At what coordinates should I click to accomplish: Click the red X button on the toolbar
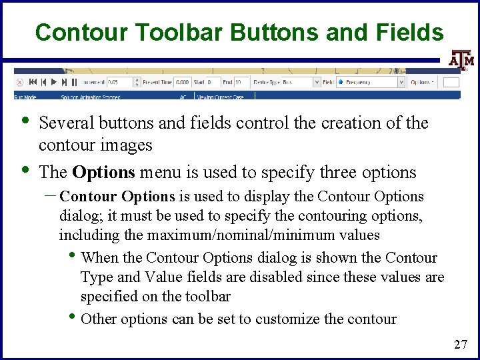tap(19, 83)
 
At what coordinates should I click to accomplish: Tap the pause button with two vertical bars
tap(74, 83)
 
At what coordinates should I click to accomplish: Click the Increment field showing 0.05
tap(123, 83)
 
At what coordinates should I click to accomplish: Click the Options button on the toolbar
tap(422, 83)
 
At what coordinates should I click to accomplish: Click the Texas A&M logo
tap(461, 60)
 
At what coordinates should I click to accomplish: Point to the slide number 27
tap(460, 344)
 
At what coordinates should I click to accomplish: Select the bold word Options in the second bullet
tap(103, 172)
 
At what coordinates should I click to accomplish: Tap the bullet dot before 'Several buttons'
tap(25, 121)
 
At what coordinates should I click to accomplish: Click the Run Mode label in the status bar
tap(26, 96)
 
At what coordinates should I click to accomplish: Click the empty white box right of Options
tap(451, 83)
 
